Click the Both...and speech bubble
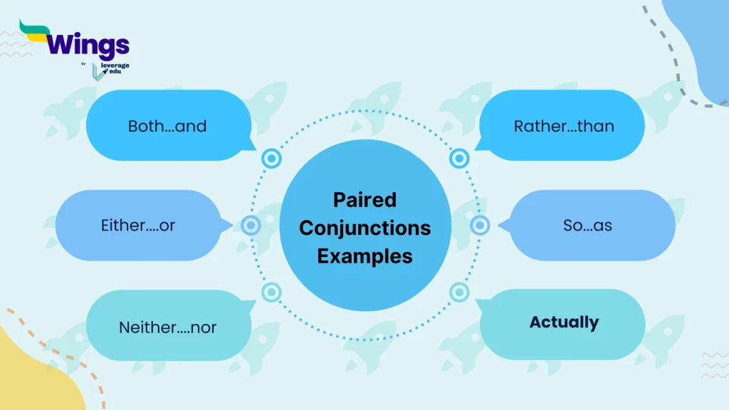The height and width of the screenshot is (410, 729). (168, 126)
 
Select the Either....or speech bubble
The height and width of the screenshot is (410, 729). (138, 226)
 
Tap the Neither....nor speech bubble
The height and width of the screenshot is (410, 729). (168, 327)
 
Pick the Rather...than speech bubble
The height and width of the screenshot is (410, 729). (563, 126)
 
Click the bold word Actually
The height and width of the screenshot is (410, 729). (564, 322)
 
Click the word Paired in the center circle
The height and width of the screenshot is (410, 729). (364, 199)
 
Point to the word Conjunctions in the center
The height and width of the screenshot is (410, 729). (364, 228)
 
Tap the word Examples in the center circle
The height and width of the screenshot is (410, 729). (364, 256)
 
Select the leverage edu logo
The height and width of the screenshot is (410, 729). (111, 69)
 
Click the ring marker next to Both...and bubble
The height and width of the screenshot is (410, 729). (271, 159)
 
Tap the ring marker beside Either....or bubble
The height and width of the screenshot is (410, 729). (251, 226)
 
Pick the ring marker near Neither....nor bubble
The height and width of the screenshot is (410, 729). (271, 292)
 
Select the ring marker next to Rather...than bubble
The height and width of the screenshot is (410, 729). (460, 158)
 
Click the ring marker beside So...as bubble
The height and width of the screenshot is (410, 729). (481, 226)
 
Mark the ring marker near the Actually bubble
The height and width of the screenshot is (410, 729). (460, 292)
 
